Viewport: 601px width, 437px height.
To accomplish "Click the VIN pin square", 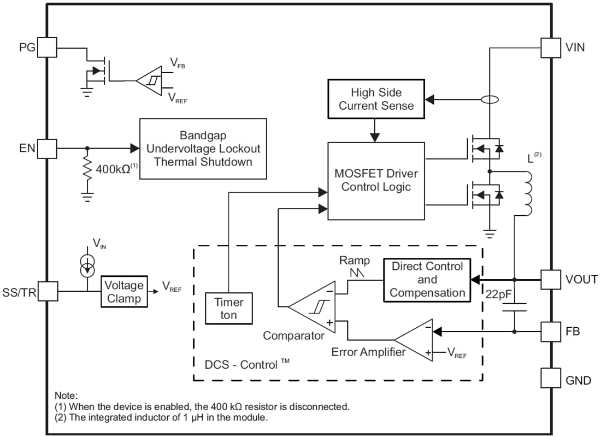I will pyautogui.click(x=550, y=47).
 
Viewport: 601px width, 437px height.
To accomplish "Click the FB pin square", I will pyautogui.click(x=550, y=331).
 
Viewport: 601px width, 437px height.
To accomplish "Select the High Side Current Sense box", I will pyautogui.click(x=376, y=99).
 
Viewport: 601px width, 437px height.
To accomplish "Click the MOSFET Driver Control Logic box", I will pyautogui.click(x=376, y=181).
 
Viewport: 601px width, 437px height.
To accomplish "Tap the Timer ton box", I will pyautogui.click(x=228, y=309).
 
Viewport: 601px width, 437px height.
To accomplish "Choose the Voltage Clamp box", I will pyautogui.click(x=124, y=292).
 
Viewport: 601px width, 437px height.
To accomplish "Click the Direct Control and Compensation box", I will pyautogui.click(x=427, y=280).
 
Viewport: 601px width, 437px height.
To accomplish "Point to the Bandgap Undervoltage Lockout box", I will pyautogui.click(x=203, y=148).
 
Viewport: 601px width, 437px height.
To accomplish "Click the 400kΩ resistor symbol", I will pyautogui.click(x=87, y=169).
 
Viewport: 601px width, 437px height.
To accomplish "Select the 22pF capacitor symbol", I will pyautogui.click(x=514, y=306).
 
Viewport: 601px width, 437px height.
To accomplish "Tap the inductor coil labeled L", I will pyautogui.click(x=528, y=194).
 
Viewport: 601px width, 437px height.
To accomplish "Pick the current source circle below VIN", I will pyautogui.click(x=87, y=268).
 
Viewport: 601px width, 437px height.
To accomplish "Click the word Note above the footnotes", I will pyautogui.click(x=66, y=395).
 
